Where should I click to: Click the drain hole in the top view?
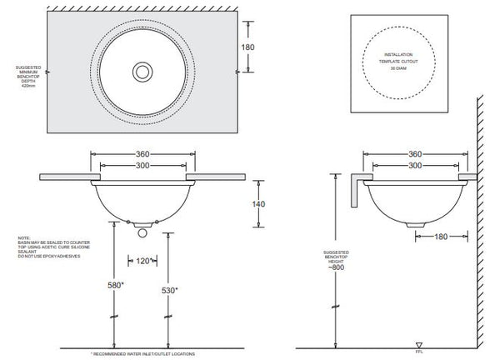pos(142,72)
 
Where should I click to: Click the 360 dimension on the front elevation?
pos(142,154)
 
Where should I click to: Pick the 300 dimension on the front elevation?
pos(142,167)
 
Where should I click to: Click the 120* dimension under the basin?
pos(142,262)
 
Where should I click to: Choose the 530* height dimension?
pos(169,289)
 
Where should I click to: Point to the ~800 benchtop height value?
pos(337,267)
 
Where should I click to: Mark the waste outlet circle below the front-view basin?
pos(142,223)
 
